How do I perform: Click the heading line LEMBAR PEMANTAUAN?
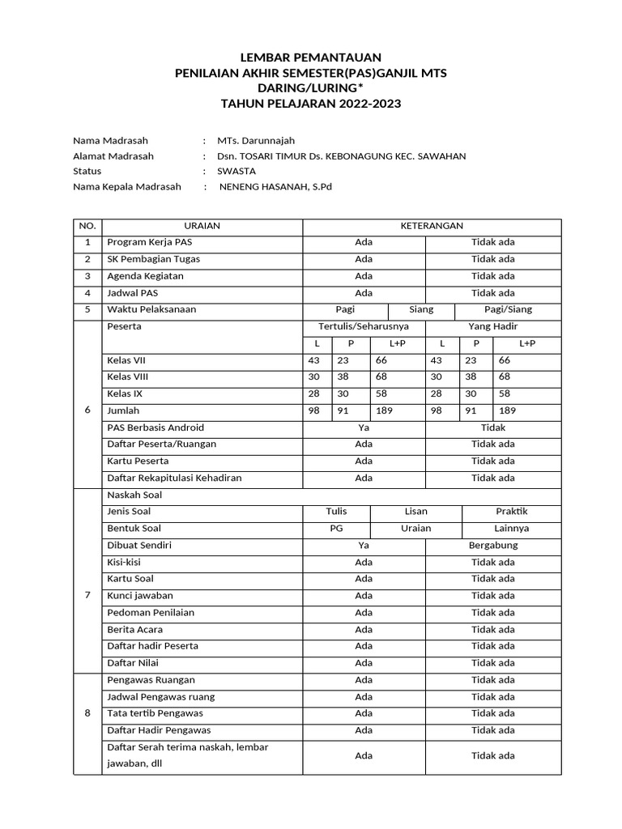click(x=311, y=57)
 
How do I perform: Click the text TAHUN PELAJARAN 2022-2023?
click(x=311, y=104)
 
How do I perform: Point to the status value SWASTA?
click(x=236, y=171)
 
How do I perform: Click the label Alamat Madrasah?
click(x=113, y=155)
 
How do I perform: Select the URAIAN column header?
click(x=202, y=226)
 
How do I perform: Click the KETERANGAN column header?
click(x=432, y=226)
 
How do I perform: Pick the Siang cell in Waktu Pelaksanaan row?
click(x=421, y=309)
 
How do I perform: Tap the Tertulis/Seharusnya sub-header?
click(x=364, y=326)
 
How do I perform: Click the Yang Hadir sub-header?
click(x=493, y=326)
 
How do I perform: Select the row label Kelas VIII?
click(x=128, y=376)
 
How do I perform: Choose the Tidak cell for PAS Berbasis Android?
click(x=493, y=427)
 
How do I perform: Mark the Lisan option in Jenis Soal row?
click(x=415, y=512)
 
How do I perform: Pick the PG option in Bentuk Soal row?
click(x=336, y=528)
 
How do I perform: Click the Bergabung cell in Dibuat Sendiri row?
click(x=493, y=545)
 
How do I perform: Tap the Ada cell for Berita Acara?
click(x=364, y=629)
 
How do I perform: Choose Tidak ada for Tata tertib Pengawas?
click(x=493, y=713)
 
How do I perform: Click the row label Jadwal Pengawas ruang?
click(x=161, y=696)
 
